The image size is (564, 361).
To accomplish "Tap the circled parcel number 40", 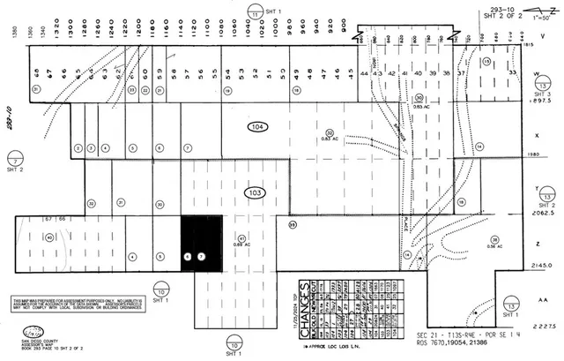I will pos(49,237).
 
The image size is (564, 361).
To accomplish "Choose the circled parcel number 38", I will pos(495,240).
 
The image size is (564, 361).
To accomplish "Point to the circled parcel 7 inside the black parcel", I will pos(201,256).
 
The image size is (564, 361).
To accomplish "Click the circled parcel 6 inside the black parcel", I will pos(187,256).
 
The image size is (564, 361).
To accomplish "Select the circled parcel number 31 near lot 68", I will pos(36,89).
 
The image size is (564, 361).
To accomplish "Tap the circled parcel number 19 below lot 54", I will pos(227,90).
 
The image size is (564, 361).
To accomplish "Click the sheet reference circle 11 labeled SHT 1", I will pos(255,13).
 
